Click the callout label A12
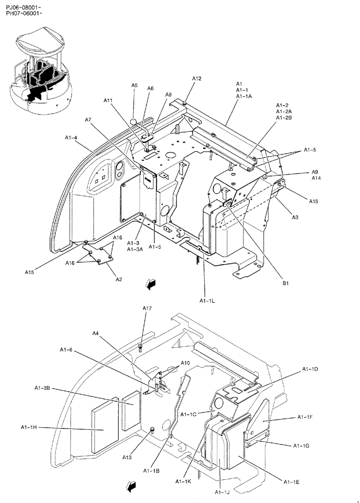[x=197, y=78]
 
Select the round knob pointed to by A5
[x=134, y=121]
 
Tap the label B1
[x=285, y=284]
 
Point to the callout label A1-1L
[x=207, y=301]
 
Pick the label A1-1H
[x=30, y=427]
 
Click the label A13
[x=127, y=457]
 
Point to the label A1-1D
[x=310, y=369]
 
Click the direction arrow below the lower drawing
[x=132, y=486]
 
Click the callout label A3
[x=295, y=217]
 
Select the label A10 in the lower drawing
[x=185, y=363]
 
